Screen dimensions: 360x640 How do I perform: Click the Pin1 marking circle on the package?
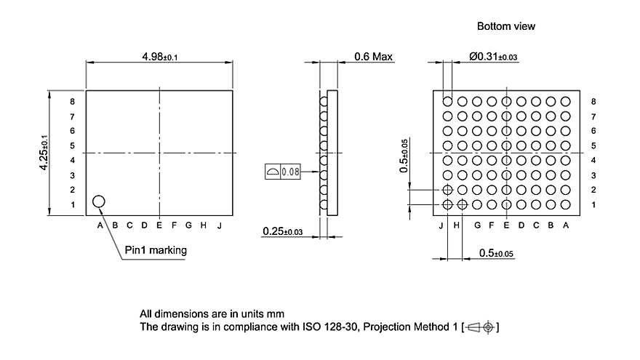[x=98, y=201]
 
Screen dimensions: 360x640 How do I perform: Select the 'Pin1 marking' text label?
[x=156, y=250]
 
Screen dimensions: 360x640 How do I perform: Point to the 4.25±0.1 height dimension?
[x=44, y=153]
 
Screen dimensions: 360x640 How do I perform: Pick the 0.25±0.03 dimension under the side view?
[x=283, y=232]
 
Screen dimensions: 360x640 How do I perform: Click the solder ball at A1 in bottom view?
[x=565, y=205]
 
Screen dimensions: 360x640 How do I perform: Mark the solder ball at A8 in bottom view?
[x=565, y=101]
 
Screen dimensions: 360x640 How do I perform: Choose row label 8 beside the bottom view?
[x=594, y=102]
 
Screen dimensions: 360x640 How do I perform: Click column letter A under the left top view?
[x=100, y=225]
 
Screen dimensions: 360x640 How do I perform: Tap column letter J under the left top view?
[x=218, y=225]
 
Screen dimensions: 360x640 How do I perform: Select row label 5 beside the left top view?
[x=72, y=145]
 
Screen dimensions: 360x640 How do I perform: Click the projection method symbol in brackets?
[x=481, y=327]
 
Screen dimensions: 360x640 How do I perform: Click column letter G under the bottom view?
[x=477, y=225]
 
